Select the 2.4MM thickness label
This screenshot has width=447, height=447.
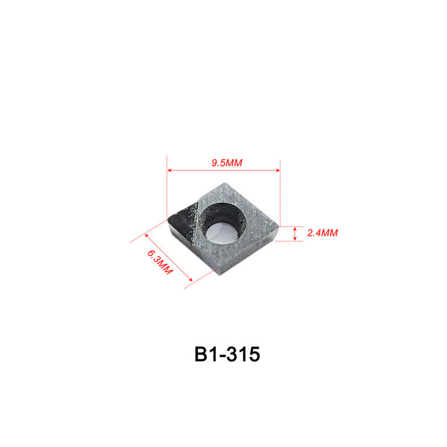point(322,233)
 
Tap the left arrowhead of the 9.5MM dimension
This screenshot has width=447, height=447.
point(169,170)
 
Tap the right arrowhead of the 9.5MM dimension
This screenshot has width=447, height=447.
point(277,170)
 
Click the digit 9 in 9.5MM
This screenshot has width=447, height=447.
point(215,163)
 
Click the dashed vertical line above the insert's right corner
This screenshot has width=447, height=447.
point(280,192)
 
